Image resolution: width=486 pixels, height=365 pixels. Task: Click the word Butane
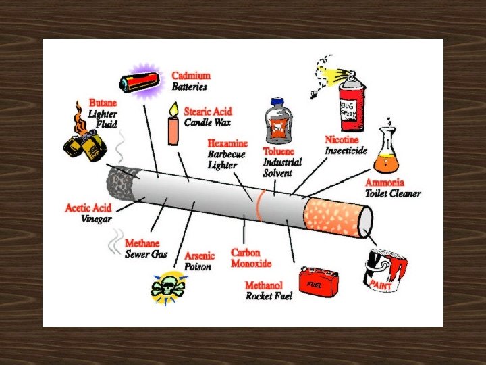click(x=102, y=103)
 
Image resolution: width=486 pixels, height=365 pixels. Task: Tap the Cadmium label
click(x=191, y=76)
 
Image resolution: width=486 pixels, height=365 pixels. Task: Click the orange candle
click(x=173, y=130)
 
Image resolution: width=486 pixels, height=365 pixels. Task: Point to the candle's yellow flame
click(x=173, y=108)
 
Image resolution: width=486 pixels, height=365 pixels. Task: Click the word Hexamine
click(x=227, y=144)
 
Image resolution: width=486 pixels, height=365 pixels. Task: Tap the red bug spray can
click(x=351, y=101)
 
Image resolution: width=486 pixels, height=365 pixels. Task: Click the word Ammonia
click(x=384, y=182)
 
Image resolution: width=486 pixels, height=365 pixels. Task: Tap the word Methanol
click(x=264, y=286)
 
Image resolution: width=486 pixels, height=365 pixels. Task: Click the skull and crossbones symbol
click(x=167, y=288)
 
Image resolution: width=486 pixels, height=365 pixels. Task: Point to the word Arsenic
click(x=199, y=256)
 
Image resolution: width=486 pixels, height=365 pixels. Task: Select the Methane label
click(x=142, y=243)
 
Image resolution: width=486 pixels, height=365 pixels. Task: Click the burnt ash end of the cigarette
click(x=121, y=180)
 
